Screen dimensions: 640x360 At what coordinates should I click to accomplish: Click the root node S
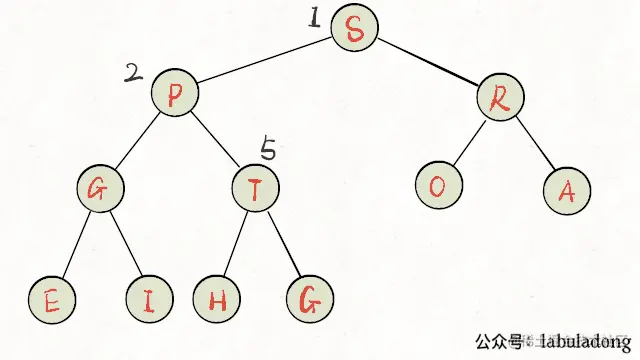tap(354, 29)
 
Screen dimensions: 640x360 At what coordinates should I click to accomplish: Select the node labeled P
tap(175, 95)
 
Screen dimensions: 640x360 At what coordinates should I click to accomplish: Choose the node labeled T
tap(255, 190)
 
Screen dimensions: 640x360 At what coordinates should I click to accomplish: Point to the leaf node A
tap(567, 191)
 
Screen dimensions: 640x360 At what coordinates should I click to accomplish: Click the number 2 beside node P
tap(133, 72)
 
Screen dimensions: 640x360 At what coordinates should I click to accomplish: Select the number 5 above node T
tap(268, 149)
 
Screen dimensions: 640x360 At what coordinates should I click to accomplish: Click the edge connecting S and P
tap(265, 62)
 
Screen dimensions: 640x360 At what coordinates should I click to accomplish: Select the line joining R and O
tap(467, 142)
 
